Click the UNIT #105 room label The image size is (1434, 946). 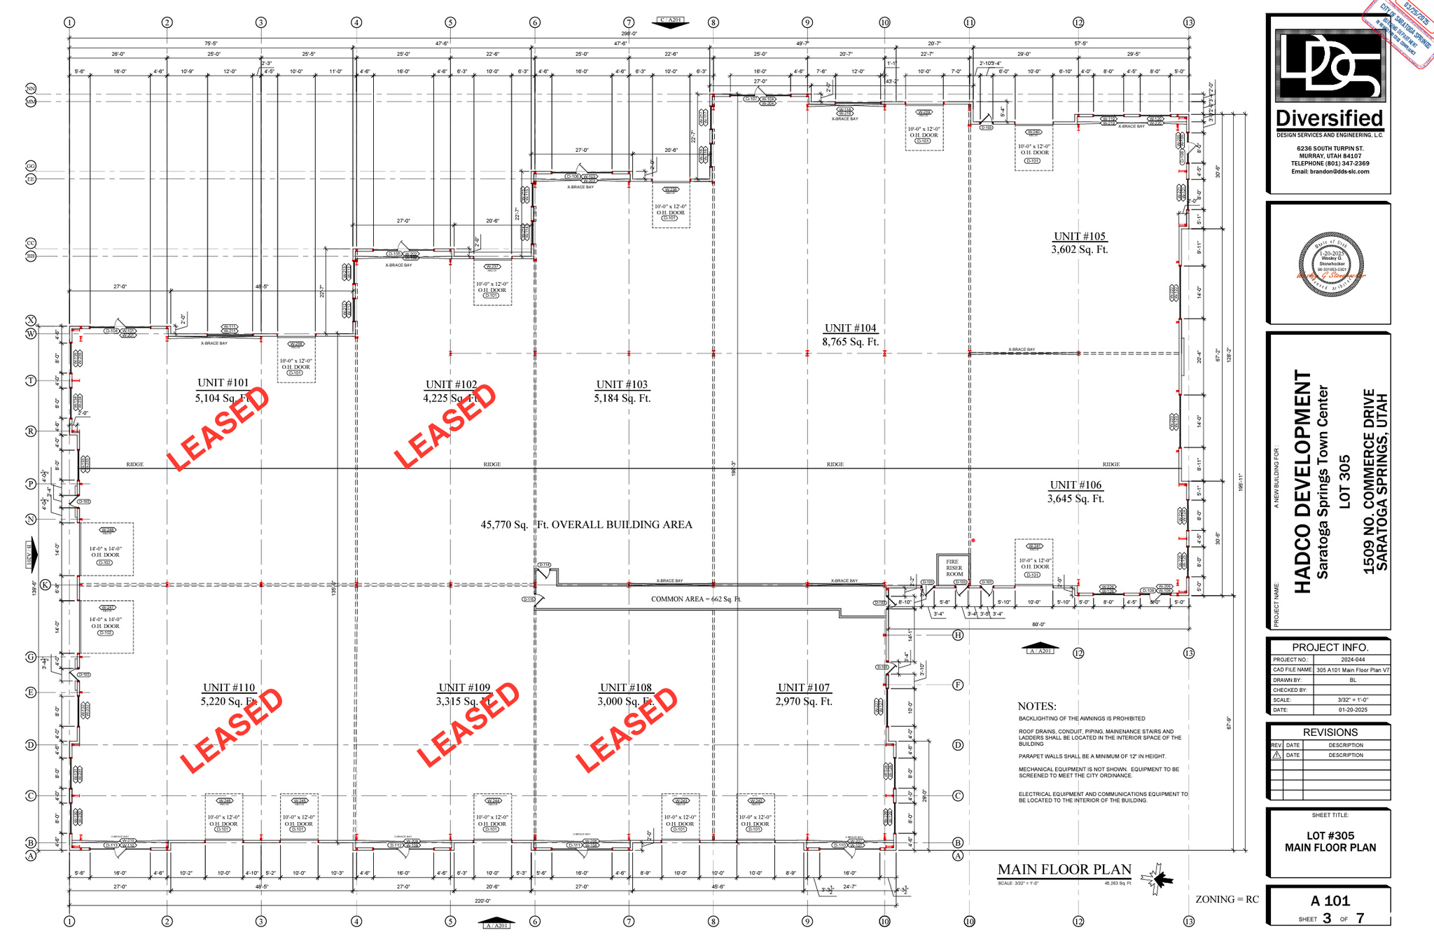point(1079,237)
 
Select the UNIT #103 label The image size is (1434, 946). point(622,384)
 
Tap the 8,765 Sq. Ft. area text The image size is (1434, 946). point(850,342)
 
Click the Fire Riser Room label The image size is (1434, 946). point(954,568)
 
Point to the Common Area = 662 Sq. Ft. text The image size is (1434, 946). point(695,599)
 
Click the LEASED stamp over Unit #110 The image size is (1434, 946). point(231,730)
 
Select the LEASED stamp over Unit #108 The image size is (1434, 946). point(627,730)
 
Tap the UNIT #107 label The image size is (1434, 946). point(803,688)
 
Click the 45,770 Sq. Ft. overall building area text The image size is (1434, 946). point(586,524)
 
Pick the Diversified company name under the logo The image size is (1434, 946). point(1329,118)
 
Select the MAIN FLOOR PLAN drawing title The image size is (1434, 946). point(1064,870)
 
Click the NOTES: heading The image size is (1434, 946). point(1036,707)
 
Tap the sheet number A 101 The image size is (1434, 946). point(1330,900)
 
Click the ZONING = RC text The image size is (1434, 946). point(1226,899)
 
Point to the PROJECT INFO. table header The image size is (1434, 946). point(1330,647)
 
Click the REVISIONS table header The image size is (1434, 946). point(1330,732)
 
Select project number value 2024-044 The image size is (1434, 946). point(1352,660)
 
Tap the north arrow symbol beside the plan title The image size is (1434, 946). point(1157,879)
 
